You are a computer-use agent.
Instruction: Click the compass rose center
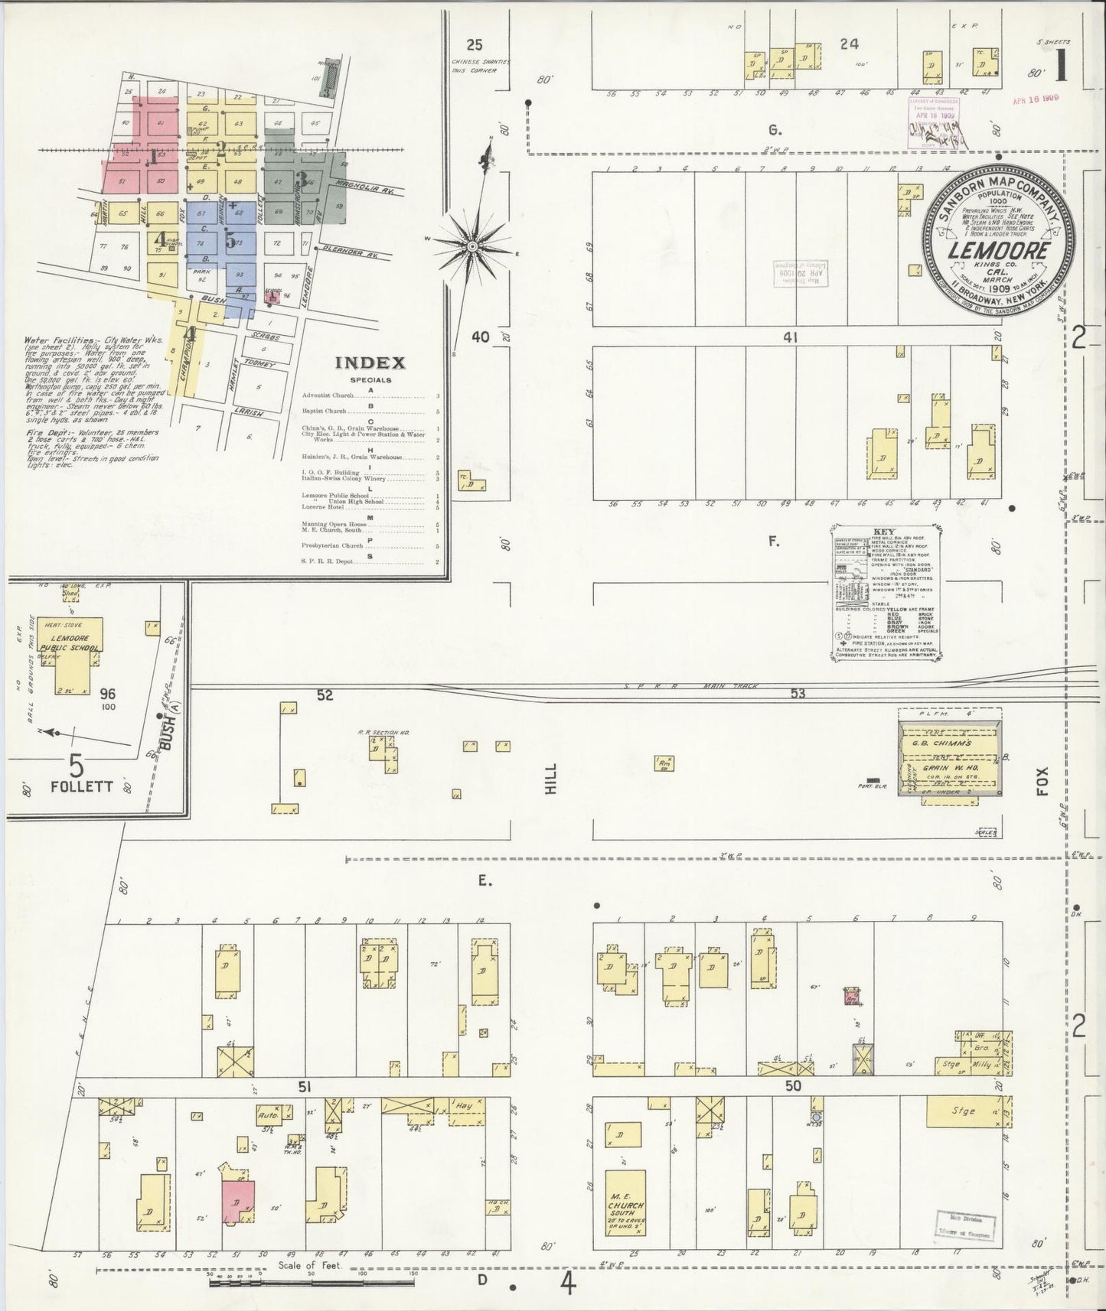(x=472, y=246)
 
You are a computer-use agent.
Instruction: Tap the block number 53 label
(x=798, y=693)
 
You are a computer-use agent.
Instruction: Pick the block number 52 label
(x=326, y=695)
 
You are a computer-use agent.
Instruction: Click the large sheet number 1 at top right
(x=1061, y=67)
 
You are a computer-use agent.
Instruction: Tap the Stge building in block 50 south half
(x=963, y=1111)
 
